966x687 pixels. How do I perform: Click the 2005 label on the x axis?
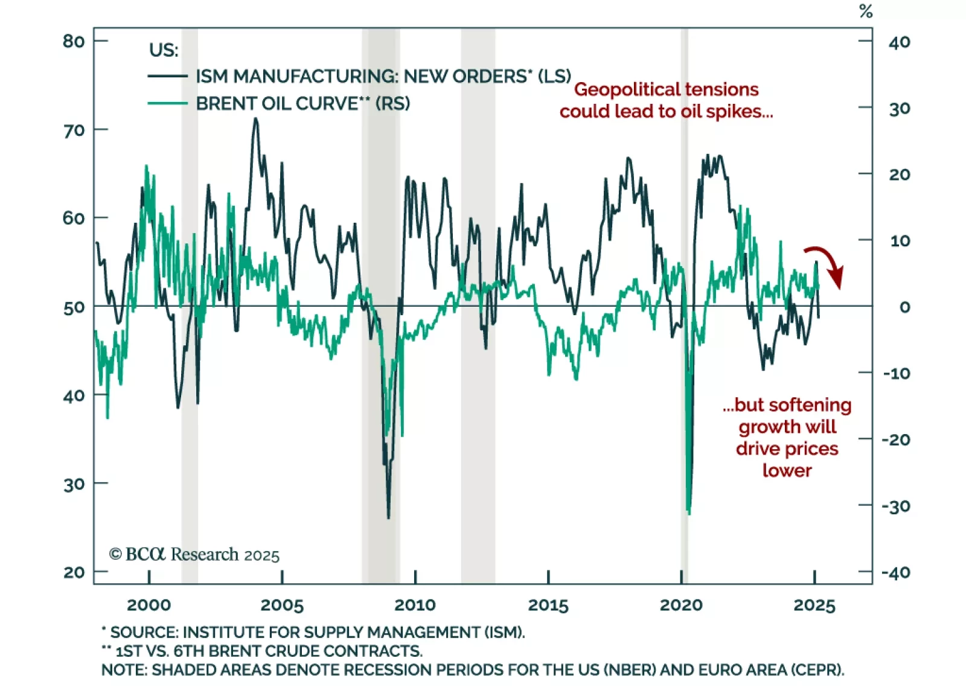[282, 605]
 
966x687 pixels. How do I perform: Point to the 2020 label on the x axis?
[681, 605]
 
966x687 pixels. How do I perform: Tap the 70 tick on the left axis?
[74, 130]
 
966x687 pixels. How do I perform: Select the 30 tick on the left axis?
[74, 484]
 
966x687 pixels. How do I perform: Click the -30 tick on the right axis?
[896, 506]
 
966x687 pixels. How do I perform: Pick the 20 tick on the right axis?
[899, 174]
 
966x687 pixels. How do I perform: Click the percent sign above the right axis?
[866, 11]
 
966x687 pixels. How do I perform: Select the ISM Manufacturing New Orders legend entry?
[383, 77]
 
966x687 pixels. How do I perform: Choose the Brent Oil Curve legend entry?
[302, 104]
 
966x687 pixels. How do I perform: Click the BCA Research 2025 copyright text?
[194, 554]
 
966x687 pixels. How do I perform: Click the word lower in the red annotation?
[787, 470]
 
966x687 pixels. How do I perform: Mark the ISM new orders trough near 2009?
[388, 517]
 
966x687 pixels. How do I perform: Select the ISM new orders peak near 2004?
[255, 119]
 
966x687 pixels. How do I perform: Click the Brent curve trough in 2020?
[689, 513]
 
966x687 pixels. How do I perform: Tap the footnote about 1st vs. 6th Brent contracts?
[262, 651]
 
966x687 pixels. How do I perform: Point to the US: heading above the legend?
[164, 50]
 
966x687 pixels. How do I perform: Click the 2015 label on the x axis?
[548, 605]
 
